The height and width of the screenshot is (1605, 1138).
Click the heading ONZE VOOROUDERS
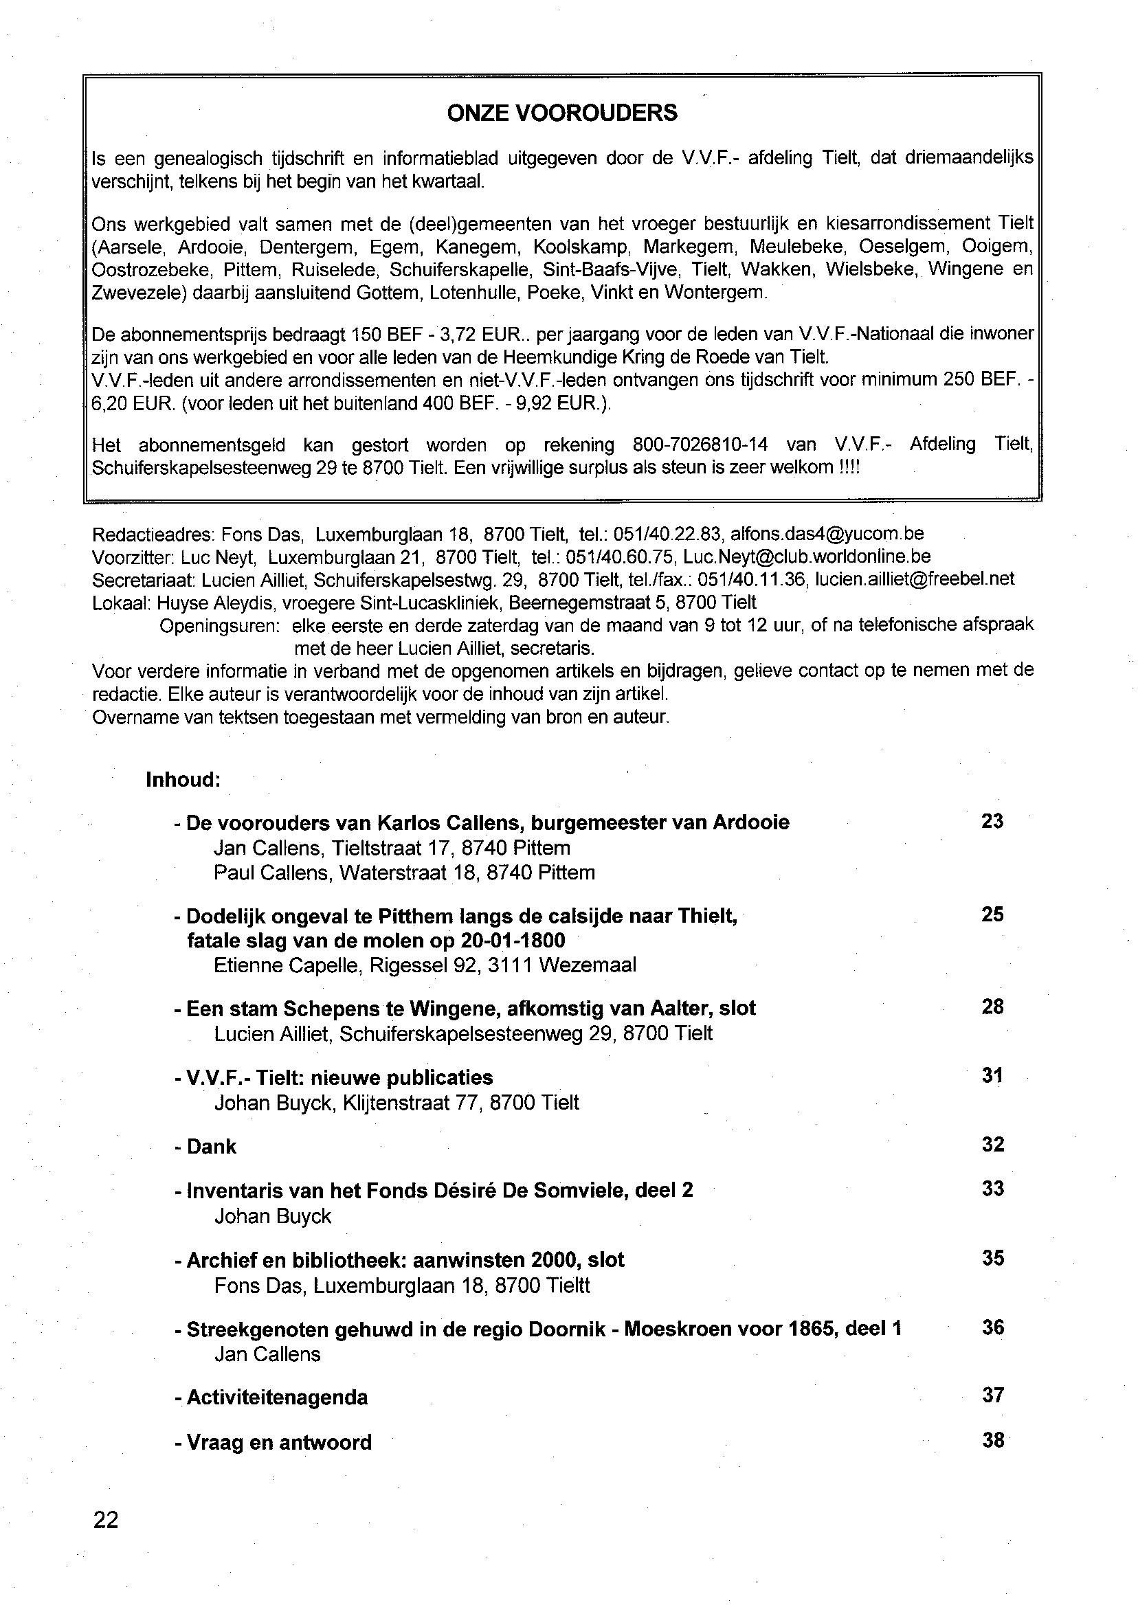point(562,113)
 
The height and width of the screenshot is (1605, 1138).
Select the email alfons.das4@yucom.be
point(827,535)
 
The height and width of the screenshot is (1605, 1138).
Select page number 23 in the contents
point(992,821)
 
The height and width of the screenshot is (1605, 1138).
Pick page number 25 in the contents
point(992,914)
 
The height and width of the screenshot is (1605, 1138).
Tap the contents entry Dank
point(211,1147)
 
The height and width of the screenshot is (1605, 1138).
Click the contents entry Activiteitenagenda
point(277,1398)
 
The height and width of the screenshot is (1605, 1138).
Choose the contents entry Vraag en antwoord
point(279,1442)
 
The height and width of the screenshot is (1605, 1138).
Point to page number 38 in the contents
point(993,1441)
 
